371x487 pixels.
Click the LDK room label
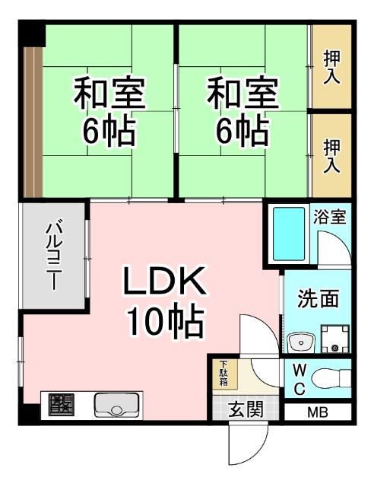click(x=165, y=285)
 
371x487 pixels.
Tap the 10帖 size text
click(x=165, y=323)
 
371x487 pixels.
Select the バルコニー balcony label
click(x=53, y=255)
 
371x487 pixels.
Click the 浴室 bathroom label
click(x=330, y=217)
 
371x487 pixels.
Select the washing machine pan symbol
click(x=335, y=339)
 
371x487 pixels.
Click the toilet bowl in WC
click(x=328, y=378)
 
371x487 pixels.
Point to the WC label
click(x=299, y=379)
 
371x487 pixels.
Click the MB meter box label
click(x=319, y=413)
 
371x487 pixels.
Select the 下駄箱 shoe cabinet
click(x=225, y=374)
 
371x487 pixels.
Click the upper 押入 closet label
click(x=332, y=66)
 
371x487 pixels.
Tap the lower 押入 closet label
click(x=332, y=155)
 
